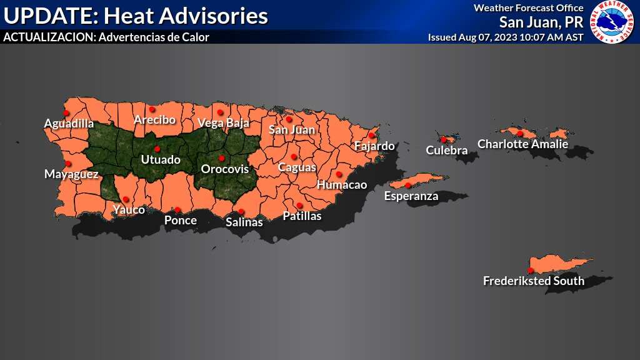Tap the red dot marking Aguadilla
click(x=67, y=112)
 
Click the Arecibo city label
click(x=155, y=119)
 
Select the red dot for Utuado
click(x=157, y=149)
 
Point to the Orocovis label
click(x=224, y=169)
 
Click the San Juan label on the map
click(x=292, y=130)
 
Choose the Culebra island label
click(x=446, y=150)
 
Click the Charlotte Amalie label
click(x=522, y=144)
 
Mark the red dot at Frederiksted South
click(x=531, y=270)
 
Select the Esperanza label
click(x=411, y=196)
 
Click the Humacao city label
click(x=342, y=185)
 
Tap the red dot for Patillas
click(x=299, y=206)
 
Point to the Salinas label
click(x=244, y=221)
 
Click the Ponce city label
click(x=180, y=220)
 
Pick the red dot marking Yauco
click(x=126, y=199)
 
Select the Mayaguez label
click(x=71, y=174)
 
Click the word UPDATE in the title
click(x=44, y=16)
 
